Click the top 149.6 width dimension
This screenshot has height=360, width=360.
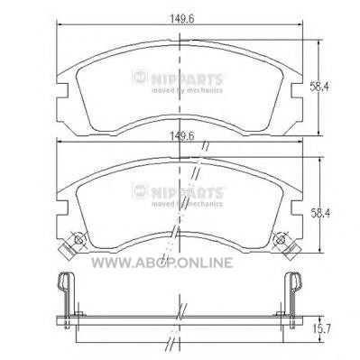[182, 19]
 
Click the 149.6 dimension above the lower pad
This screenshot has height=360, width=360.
[182, 136]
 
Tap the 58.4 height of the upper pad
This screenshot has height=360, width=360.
[320, 88]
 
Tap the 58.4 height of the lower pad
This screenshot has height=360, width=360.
[320, 214]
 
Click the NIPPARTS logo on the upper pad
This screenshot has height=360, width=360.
[178, 78]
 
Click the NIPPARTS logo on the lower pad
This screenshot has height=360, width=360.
[178, 192]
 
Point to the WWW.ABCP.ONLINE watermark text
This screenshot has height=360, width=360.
[162, 263]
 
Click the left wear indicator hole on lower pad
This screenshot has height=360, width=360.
[78, 240]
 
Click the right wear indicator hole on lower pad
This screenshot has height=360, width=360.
[281, 240]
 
